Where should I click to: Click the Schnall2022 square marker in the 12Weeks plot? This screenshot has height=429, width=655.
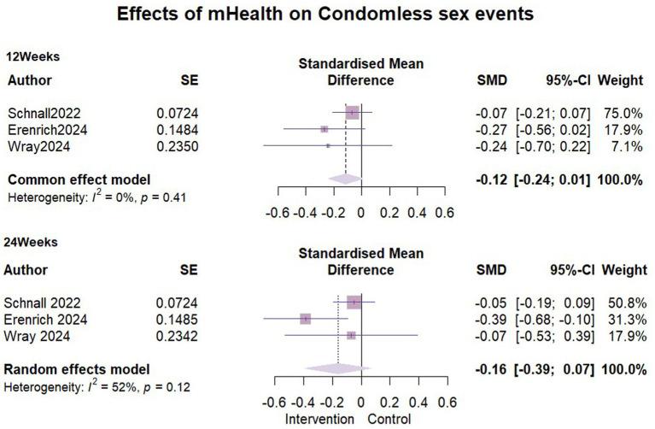(x=352, y=113)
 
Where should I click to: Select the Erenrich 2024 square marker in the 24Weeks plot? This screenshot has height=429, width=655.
(x=306, y=319)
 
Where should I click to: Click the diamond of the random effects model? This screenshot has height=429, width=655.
(x=339, y=369)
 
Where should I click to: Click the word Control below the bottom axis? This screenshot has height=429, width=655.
(x=389, y=420)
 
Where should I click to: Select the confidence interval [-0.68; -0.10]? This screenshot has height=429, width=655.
(x=553, y=319)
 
